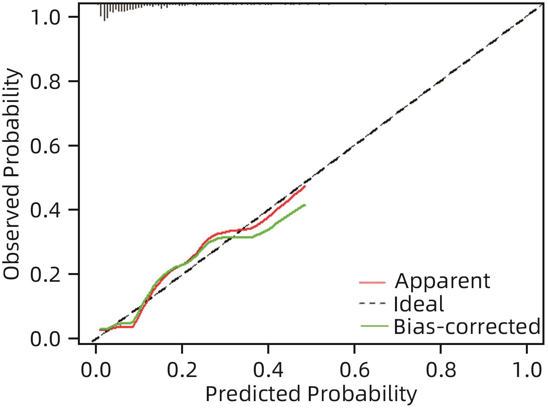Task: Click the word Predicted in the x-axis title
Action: pos(253,394)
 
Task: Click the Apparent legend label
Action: pos(442,281)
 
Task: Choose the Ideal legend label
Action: pos(419,304)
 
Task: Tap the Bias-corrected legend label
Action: pos(467,326)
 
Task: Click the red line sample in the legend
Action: pos(372,282)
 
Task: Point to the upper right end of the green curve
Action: pos(305,205)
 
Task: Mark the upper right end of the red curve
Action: pos(305,186)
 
